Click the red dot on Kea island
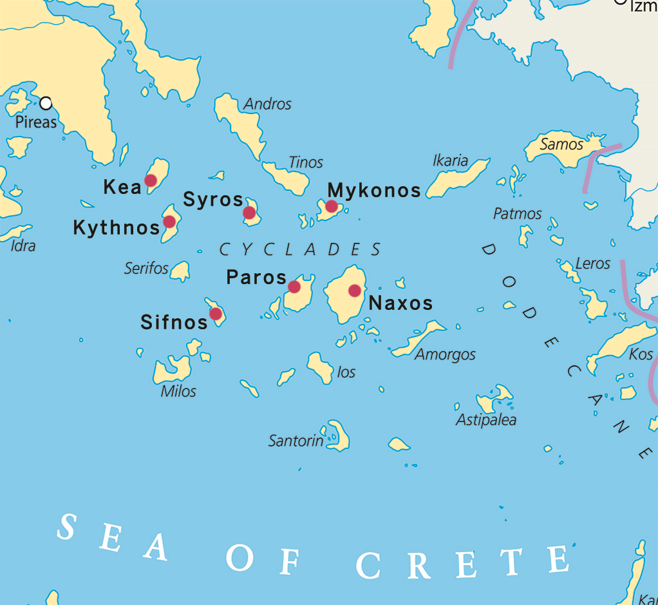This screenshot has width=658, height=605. pyautogui.click(x=151, y=180)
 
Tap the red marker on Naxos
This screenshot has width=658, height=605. pyautogui.click(x=355, y=291)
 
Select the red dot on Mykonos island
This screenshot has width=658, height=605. pyautogui.click(x=331, y=206)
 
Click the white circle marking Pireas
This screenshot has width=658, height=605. pyautogui.click(x=46, y=103)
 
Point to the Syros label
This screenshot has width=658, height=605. pyautogui.click(x=213, y=200)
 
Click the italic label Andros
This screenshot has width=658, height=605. pyautogui.click(x=268, y=104)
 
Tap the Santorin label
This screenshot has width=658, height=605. pyautogui.click(x=296, y=441)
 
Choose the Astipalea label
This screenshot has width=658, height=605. pyautogui.click(x=486, y=420)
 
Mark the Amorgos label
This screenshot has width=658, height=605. pyautogui.click(x=445, y=354)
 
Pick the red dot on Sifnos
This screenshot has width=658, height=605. pyautogui.click(x=216, y=314)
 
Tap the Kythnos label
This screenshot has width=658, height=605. pyautogui.click(x=117, y=227)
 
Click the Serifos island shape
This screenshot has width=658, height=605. pyautogui.click(x=181, y=271)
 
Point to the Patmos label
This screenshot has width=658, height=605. pyautogui.click(x=518, y=213)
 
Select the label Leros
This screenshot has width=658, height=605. pyautogui.click(x=592, y=263)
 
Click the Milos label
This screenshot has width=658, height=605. pyautogui.click(x=178, y=391)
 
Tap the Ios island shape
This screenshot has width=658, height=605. pyautogui.click(x=319, y=367)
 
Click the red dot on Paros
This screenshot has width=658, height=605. pyautogui.click(x=294, y=287)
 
